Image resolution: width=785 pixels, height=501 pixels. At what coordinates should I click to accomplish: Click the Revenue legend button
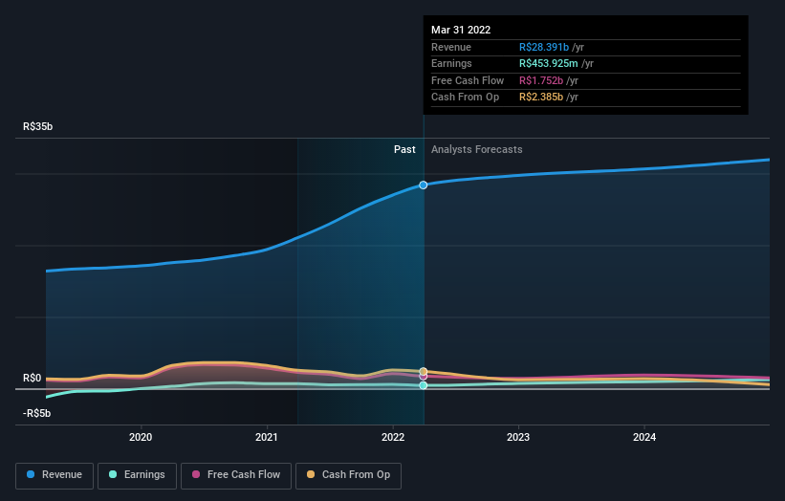pyautogui.click(x=55, y=475)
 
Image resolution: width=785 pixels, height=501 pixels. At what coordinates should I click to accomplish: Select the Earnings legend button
pyautogui.click(x=137, y=475)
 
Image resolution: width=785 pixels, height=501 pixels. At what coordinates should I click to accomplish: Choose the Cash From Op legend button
pyautogui.click(x=348, y=475)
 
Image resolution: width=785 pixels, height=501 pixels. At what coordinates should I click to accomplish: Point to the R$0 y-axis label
pyautogui.click(x=33, y=378)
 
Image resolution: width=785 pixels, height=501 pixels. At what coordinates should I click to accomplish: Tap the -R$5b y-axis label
pyautogui.click(x=38, y=413)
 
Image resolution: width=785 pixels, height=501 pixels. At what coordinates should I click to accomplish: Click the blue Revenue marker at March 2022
pyautogui.click(x=424, y=185)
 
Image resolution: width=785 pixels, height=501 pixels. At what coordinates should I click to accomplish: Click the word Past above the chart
pyautogui.click(x=404, y=149)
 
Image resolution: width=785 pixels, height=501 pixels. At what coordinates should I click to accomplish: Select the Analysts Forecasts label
pyautogui.click(x=476, y=149)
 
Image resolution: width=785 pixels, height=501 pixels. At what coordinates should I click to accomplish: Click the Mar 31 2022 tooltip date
pyautogui.click(x=461, y=30)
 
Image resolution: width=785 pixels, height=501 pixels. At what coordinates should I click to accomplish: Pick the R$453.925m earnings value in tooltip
pyautogui.click(x=549, y=64)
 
